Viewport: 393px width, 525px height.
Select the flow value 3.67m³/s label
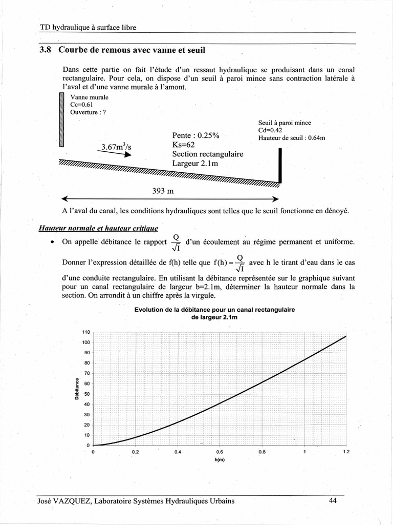coord(116,147)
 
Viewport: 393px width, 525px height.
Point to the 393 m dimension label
coord(163,191)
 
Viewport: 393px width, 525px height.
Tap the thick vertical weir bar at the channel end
coord(280,165)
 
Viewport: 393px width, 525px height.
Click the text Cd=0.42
coord(270,130)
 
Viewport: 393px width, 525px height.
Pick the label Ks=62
coord(184,145)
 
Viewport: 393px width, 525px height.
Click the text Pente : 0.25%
coord(196,135)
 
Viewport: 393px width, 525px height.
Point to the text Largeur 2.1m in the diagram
coord(195,164)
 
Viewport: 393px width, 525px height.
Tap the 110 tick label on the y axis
coord(85,332)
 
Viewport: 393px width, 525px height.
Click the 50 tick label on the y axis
coord(86,394)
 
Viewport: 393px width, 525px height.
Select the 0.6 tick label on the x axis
coord(220,452)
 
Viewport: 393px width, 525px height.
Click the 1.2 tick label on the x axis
coord(346,452)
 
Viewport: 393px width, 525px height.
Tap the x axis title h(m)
coord(220,459)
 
